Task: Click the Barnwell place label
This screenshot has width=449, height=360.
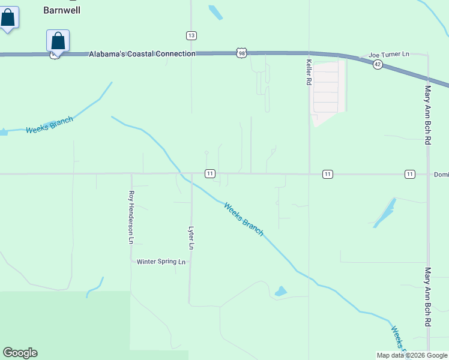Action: point(62,10)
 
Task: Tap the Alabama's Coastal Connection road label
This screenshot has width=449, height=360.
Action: point(142,54)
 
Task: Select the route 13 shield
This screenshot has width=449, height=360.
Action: point(191,36)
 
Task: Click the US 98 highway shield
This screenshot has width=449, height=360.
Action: point(241,54)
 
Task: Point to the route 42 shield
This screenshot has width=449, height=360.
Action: point(377,64)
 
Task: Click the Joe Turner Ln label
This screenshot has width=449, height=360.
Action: point(388,54)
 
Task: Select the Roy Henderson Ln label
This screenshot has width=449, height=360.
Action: point(131,217)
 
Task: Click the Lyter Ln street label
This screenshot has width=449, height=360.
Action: point(191,238)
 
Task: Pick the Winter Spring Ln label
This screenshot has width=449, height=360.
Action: point(161,262)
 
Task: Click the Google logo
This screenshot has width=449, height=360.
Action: point(20,353)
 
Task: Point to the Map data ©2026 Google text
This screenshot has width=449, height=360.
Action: point(411,355)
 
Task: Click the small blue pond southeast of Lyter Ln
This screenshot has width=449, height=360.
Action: point(280,292)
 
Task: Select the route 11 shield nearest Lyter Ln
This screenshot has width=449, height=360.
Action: point(209,174)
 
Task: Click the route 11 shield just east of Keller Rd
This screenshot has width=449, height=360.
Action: point(327,174)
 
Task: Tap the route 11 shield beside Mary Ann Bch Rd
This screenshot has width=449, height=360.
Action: point(409,174)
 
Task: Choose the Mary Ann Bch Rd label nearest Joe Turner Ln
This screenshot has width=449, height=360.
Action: point(428,115)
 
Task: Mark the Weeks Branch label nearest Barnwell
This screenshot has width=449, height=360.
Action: point(49,125)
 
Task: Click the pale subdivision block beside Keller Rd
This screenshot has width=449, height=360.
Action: point(326,91)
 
